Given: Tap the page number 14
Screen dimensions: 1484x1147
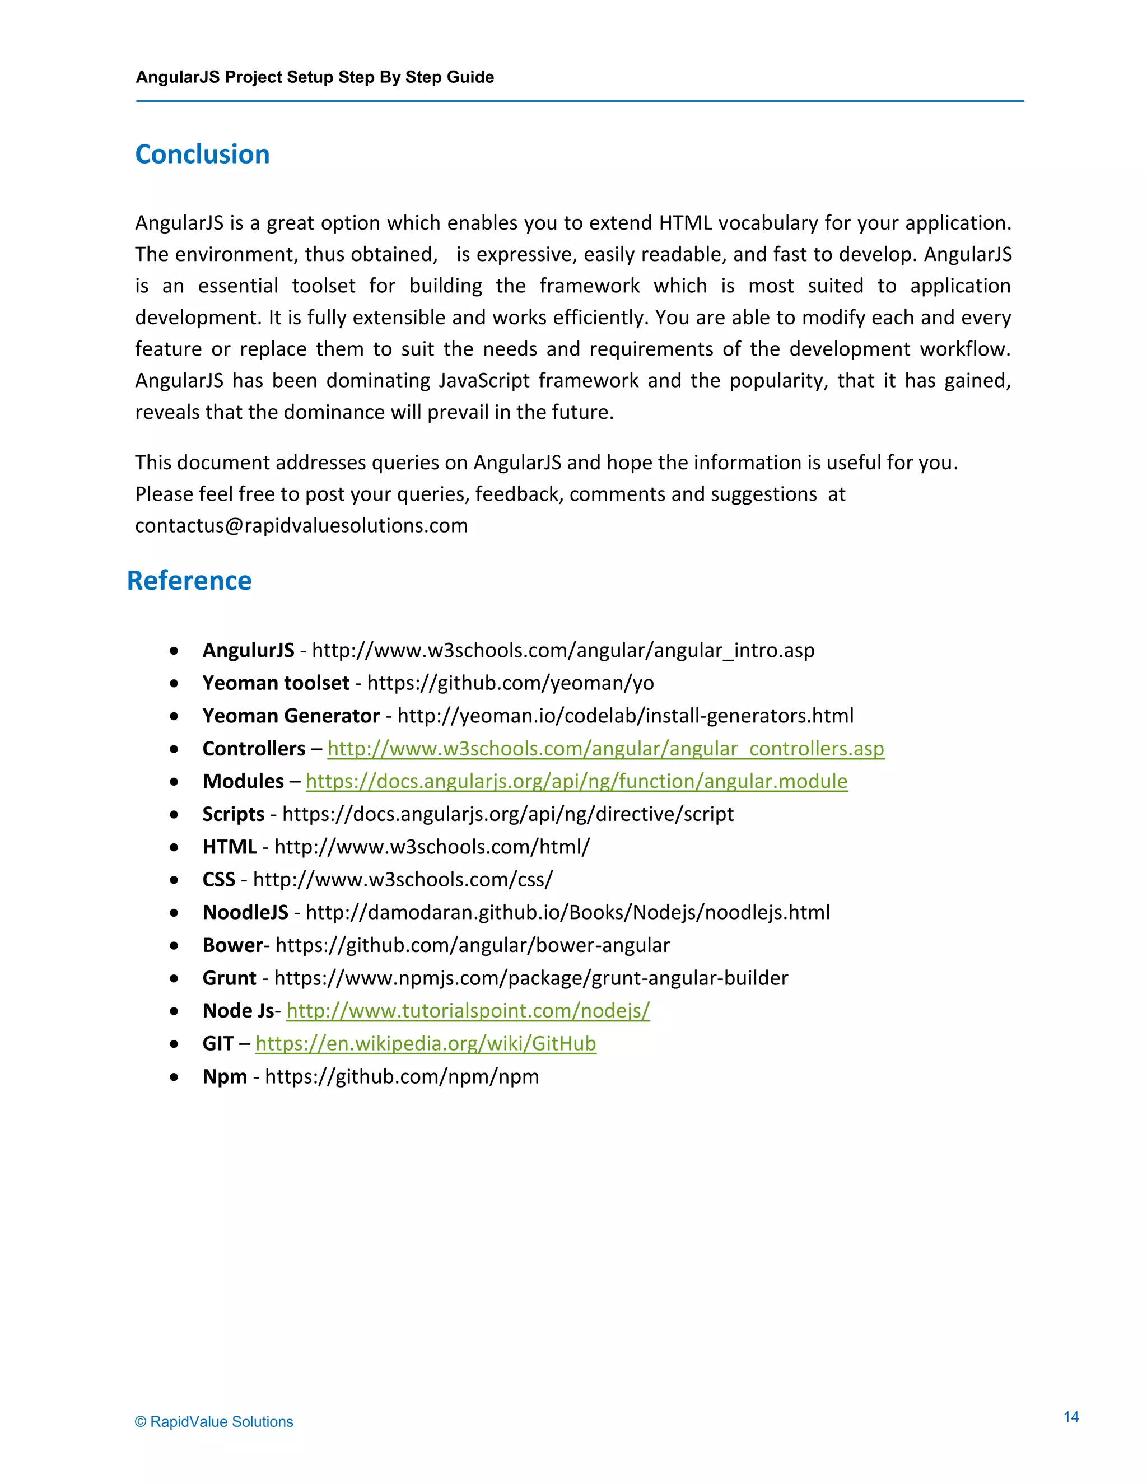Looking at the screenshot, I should pyautogui.click(x=1071, y=1417).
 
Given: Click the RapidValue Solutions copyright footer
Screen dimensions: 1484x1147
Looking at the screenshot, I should pyautogui.click(x=214, y=1421).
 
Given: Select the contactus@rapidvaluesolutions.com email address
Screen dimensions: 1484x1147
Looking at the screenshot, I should pyautogui.click(x=301, y=525).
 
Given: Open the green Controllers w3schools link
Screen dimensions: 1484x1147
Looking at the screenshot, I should pyautogui.click(x=605, y=748).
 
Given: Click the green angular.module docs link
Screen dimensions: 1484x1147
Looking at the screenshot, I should pyautogui.click(x=576, y=781).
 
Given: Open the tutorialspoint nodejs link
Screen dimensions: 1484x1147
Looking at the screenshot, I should pyautogui.click(x=468, y=1010).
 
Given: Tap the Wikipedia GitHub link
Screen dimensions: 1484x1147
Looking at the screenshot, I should pyautogui.click(x=426, y=1043).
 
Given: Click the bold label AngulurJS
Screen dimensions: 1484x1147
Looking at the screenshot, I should pyautogui.click(x=248, y=650).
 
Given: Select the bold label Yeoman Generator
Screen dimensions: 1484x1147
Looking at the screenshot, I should pyautogui.click(x=291, y=716).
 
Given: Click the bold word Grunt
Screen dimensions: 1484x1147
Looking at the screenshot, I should pyautogui.click(x=229, y=978).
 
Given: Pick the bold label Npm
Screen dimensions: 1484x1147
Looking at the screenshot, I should pyautogui.click(x=224, y=1076).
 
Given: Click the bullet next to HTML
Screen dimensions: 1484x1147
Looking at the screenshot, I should pyautogui.click(x=175, y=847).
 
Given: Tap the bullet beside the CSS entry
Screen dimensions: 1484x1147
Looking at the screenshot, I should pyautogui.click(x=175, y=880).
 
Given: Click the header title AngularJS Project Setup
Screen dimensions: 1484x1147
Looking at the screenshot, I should pyautogui.click(x=315, y=77).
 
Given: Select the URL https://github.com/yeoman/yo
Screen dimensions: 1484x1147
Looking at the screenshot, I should pyautogui.click(x=510, y=683).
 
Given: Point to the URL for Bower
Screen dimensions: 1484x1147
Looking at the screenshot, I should pyautogui.click(x=472, y=945).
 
